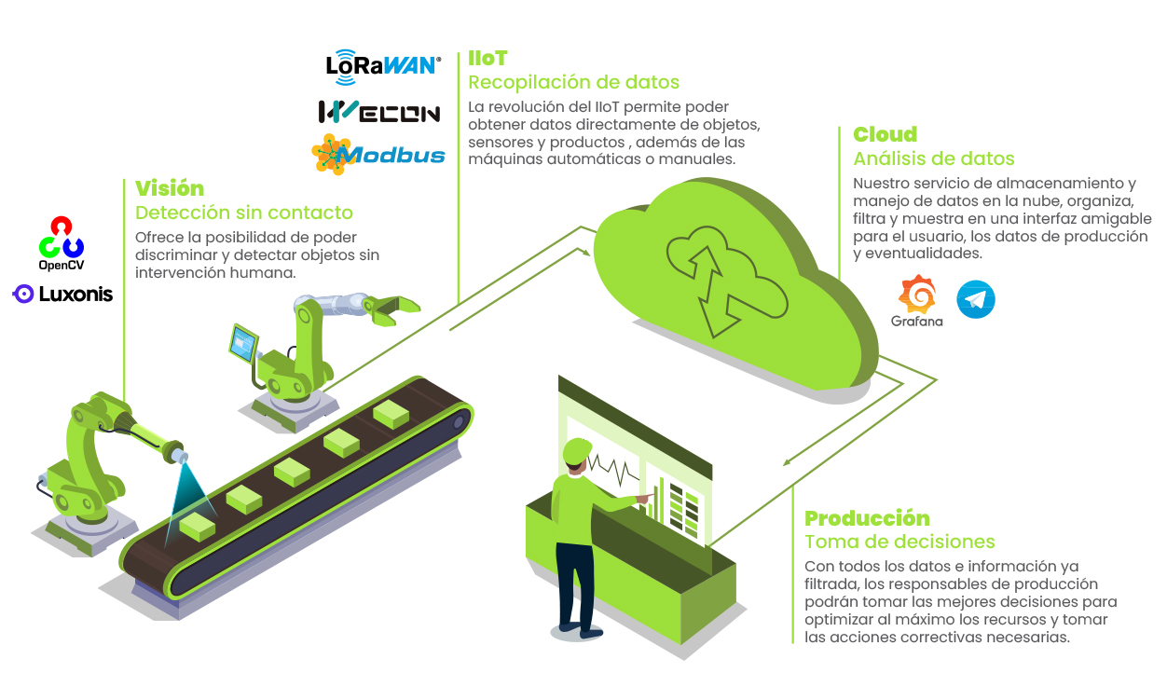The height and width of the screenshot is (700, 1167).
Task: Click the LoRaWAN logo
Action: (x=383, y=67)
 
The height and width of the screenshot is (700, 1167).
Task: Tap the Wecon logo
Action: (x=379, y=112)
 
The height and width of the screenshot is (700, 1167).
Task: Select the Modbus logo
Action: (x=378, y=154)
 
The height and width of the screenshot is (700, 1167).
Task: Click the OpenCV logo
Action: (x=62, y=244)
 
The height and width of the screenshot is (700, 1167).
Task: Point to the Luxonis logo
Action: (x=62, y=295)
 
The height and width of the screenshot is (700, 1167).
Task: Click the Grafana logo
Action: (x=917, y=302)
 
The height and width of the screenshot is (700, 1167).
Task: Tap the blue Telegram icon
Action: (x=976, y=299)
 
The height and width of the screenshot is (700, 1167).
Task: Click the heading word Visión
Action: (x=170, y=188)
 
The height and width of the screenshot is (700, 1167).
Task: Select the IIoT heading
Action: (x=487, y=59)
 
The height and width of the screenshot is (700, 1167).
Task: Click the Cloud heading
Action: (x=885, y=134)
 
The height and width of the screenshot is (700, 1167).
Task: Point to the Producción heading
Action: (x=867, y=519)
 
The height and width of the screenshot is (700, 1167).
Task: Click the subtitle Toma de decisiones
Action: (x=899, y=542)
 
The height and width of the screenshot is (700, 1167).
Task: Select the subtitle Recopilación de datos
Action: (x=573, y=82)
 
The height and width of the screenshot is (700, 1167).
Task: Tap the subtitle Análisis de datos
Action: (x=934, y=158)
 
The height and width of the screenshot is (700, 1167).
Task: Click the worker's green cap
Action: (x=577, y=451)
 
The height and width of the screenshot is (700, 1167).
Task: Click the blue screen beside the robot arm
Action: (x=244, y=343)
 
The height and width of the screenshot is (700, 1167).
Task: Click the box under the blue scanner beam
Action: (x=197, y=527)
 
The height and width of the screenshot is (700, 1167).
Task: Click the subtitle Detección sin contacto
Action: (x=244, y=213)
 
